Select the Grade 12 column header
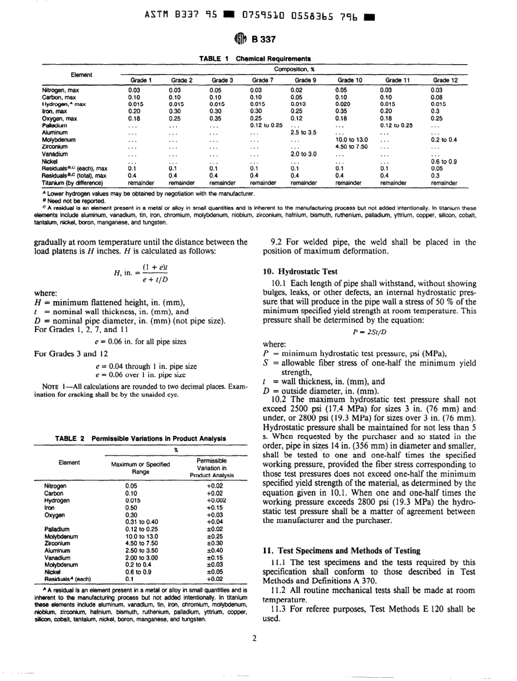point(444,80)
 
